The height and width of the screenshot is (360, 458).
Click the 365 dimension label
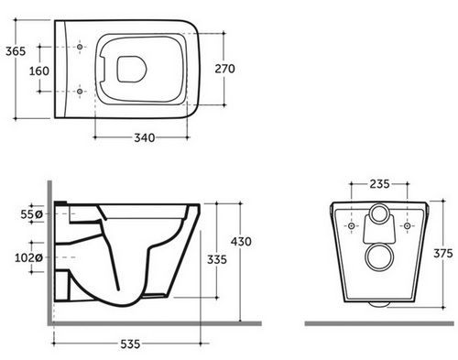[16, 51]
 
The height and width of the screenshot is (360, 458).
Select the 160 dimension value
[39, 71]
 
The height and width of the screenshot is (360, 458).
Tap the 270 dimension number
[224, 69]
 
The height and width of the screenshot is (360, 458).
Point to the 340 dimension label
[145, 138]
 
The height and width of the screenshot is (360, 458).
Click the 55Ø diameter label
[31, 214]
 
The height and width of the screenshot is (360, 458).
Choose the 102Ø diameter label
[28, 258]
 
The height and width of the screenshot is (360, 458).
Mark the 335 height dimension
[217, 259]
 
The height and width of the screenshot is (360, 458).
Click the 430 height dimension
[241, 242]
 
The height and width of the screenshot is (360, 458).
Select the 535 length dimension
[130, 344]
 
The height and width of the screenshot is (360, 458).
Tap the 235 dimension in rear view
[379, 184]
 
